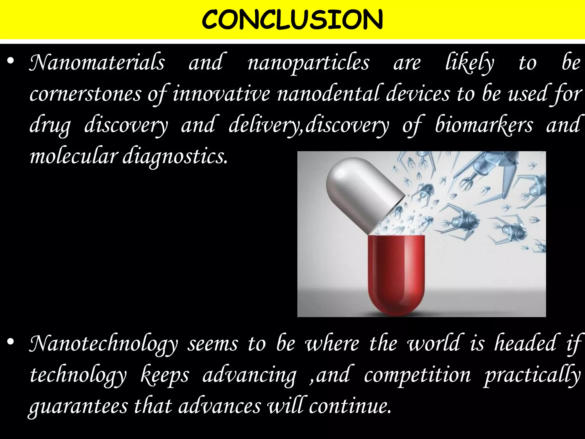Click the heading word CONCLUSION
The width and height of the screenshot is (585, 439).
pos(292,19)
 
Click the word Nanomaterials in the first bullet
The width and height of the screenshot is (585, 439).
pos(97,63)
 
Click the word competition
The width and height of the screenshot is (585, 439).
pos(417,375)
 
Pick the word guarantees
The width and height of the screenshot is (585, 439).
pos(79,407)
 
